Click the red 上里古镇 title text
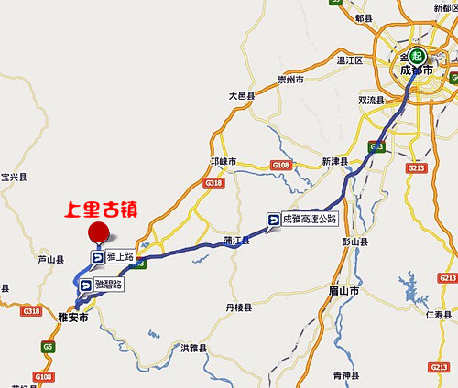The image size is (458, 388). pyautogui.click(x=101, y=209)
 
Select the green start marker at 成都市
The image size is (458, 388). pyautogui.click(x=416, y=54)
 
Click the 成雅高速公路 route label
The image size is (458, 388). pyautogui.click(x=303, y=220)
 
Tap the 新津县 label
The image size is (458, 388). pyautogui.click(x=337, y=161)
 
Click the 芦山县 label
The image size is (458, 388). pyautogui.click(x=50, y=260)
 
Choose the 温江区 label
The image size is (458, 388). pyautogui.click(x=350, y=60)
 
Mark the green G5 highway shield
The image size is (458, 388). pyautogui.click(x=48, y=347)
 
